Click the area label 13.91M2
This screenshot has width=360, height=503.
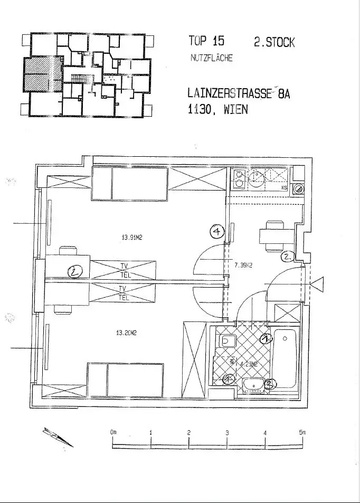pyautogui.click(x=132, y=238)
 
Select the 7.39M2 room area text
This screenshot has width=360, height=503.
pyautogui.click(x=243, y=265)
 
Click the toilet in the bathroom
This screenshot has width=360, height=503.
pyautogui.click(x=227, y=341)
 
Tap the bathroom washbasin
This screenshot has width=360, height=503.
pyautogui.click(x=254, y=386)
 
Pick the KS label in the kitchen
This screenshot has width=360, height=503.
pyautogui.click(x=284, y=187)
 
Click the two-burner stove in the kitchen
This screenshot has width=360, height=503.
pyautogui.click(x=238, y=178)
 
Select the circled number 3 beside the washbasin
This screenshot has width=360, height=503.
pyautogui.click(x=270, y=385)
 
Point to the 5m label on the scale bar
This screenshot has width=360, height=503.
pyautogui.click(x=302, y=432)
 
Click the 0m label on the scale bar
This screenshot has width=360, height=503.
pyautogui.click(x=113, y=432)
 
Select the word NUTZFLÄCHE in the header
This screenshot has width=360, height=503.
pyautogui.click(x=211, y=58)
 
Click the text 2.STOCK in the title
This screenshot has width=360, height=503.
pyautogui.click(x=274, y=42)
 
